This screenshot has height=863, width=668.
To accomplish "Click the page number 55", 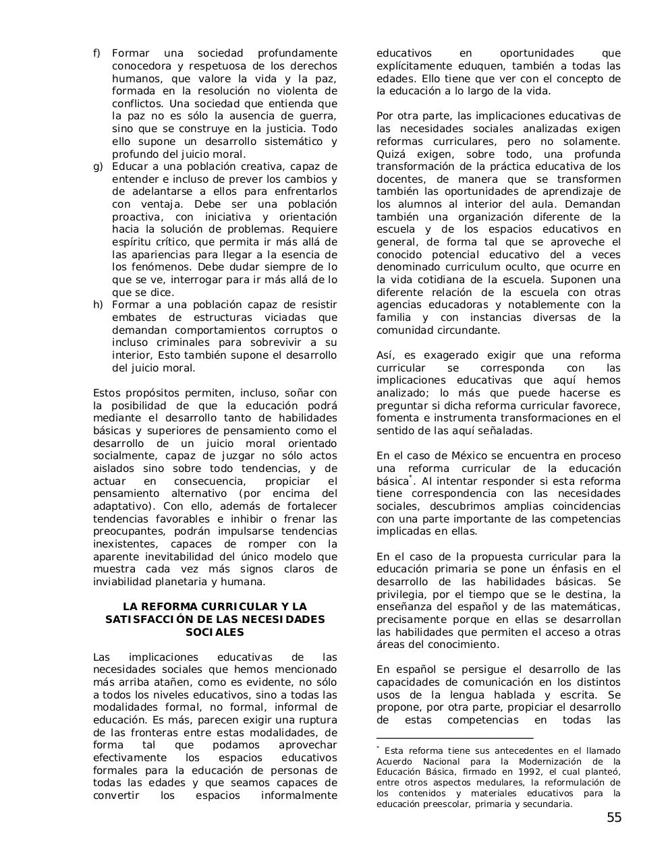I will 613,818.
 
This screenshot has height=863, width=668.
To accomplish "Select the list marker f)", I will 96,53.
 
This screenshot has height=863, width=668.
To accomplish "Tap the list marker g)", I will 97,167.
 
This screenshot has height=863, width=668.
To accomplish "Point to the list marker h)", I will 97,305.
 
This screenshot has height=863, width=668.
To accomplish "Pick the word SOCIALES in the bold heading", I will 215,632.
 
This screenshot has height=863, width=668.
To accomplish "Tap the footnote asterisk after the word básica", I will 411,478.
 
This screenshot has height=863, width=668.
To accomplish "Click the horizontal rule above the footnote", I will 454,738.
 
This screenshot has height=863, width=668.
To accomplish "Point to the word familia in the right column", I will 393,318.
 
